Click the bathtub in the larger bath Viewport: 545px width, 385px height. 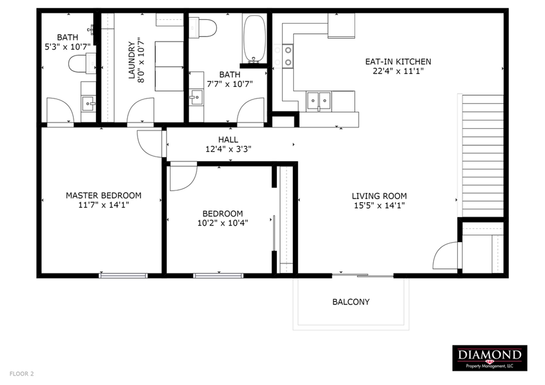(x=255, y=38)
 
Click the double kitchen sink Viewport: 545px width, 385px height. (x=319, y=101)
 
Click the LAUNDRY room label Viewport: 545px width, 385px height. (x=132, y=60)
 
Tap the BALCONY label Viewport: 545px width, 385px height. (x=351, y=302)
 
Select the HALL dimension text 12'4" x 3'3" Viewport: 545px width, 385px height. (x=228, y=149)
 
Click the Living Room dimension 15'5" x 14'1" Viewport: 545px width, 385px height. (x=379, y=205)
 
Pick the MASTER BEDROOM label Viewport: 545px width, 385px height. (x=103, y=196)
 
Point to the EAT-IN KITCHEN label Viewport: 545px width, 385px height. (x=398, y=62)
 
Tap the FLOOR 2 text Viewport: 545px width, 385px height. (x=22, y=374)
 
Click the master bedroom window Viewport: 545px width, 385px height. (x=123, y=276)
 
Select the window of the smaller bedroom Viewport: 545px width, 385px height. (x=218, y=276)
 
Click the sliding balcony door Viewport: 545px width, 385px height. (x=363, y=276)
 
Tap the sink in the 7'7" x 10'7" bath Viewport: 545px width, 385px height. (x=196, y=97)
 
